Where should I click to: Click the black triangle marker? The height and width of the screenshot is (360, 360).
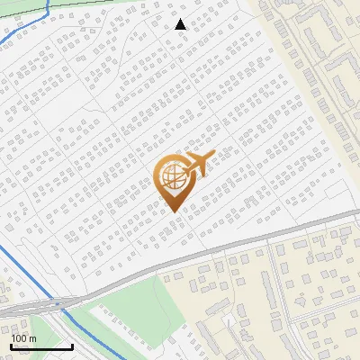tap(181, 24)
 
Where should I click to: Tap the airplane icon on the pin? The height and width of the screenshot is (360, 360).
tap(196, 165)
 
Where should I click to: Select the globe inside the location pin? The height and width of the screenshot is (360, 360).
tap(172, 176)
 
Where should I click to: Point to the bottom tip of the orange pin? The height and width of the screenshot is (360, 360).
tap(173, 210)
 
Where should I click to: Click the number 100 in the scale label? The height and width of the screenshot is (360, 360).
tap(21, 338)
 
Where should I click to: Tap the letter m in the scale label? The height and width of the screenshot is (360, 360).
tap(33, 338)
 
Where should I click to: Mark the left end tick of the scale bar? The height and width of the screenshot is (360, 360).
tap(12, 346)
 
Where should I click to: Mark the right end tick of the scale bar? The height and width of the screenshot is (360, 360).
tap(72, 346)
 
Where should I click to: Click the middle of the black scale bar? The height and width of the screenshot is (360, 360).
tap(41, 346)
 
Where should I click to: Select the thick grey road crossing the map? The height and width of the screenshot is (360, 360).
tap(225, 244)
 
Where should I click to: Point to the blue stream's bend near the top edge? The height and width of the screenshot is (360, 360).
tap(47, 11)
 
